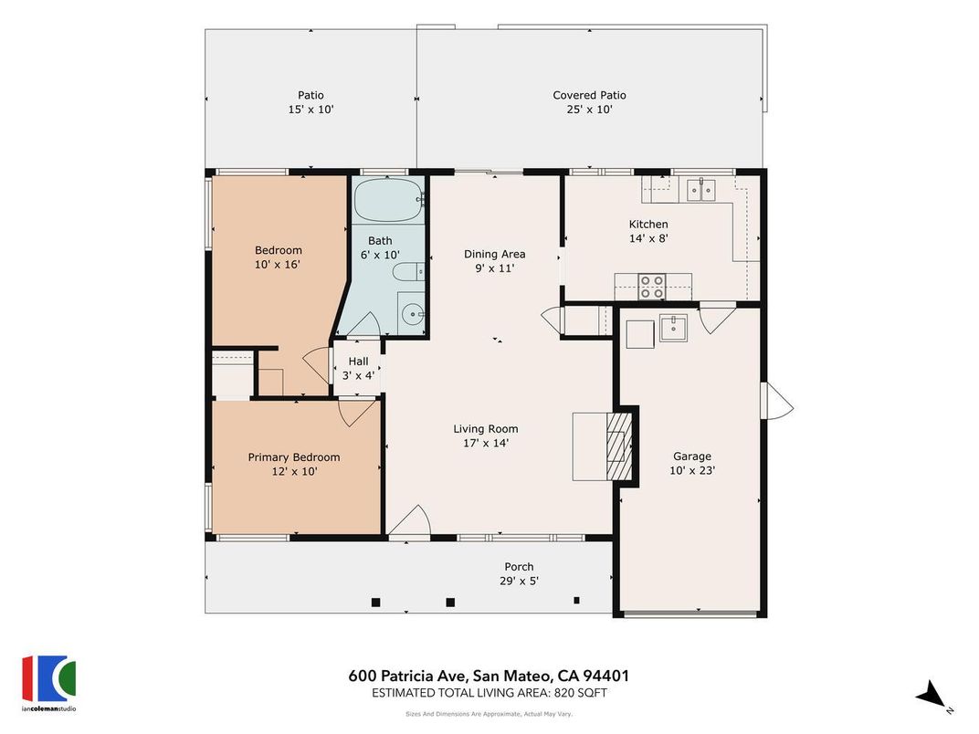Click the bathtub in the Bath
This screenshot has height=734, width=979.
pos(388,198)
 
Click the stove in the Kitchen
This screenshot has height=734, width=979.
pos(651,287)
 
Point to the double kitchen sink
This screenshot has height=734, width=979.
pos(700,190)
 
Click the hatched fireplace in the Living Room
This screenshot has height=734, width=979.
pos(620,446)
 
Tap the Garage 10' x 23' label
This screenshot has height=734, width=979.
pos(692,464)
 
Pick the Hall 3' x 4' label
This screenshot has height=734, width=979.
pos(358,368)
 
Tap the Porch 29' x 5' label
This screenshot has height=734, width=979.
pos(519,573)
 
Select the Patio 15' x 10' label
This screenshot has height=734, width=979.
pos(311,102)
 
